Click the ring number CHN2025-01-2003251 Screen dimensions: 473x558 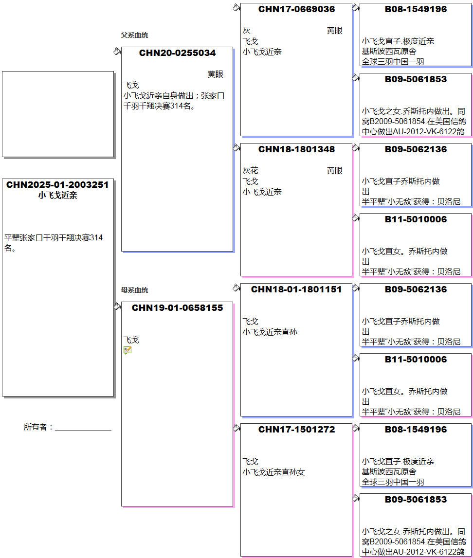click(x=57, y=185)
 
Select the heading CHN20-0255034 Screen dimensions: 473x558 click(x=177, y=53)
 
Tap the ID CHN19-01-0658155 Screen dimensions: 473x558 click(x=177, y=308)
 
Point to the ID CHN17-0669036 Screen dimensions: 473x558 click(x=296, y=9)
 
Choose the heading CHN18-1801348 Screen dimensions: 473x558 click(x=296, y=149)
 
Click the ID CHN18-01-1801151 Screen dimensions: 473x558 click(x=296, y=289)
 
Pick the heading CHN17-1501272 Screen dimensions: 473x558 click(x=296, y=430)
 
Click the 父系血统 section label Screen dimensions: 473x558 click(x=134, y=35)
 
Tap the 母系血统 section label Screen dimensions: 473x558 click(x=134, y=290)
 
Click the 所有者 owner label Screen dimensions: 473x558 click(x=38, y=427)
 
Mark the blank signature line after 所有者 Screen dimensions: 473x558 click(x=83, y=431)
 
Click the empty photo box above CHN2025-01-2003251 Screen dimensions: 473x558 click(x=58, y=114)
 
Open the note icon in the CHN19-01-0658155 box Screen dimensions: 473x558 click(x=127, y=351)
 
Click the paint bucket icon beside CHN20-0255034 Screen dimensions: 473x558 click(x=117, y=52)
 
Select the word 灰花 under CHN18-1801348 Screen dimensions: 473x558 click(x=251, y=171)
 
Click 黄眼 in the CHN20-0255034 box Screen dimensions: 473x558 click(x=215, y=74)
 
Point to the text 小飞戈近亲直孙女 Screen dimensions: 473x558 click(x=273, y=472)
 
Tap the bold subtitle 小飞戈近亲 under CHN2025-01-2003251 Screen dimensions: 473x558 click(x=57, y=196)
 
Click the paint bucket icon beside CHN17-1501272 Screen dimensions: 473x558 click(x=236, y=428)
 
